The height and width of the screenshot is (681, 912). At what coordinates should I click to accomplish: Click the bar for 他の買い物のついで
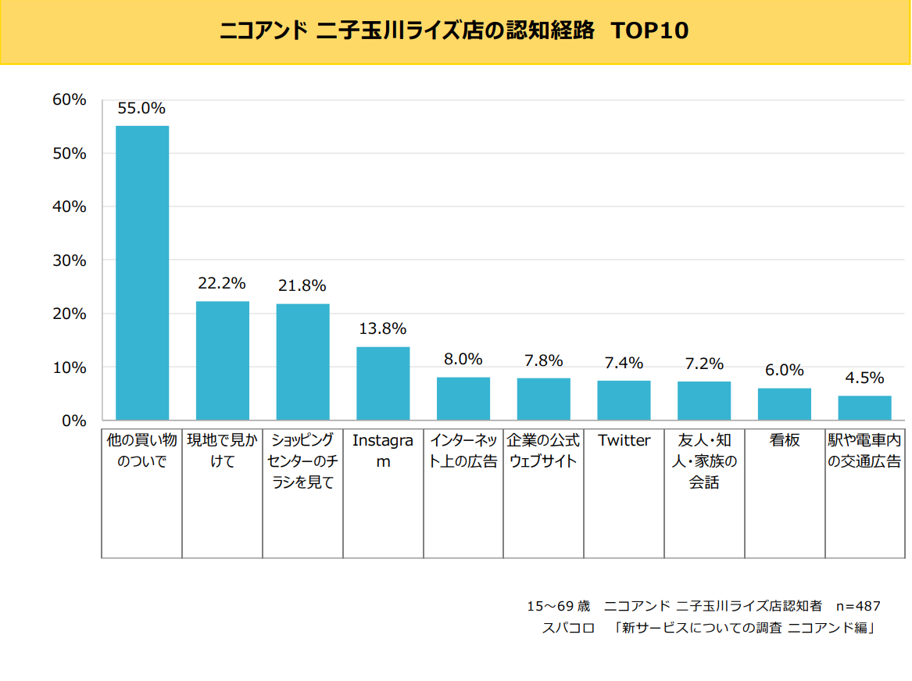[142, 273]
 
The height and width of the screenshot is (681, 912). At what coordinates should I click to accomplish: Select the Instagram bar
[383, 383]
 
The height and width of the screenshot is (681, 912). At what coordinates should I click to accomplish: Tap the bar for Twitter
[624, 400]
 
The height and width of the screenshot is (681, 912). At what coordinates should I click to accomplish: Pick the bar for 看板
[784, 404]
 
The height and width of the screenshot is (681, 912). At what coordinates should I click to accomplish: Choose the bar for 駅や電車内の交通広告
[864, 408]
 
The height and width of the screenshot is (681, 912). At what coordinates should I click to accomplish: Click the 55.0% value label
[141, 109]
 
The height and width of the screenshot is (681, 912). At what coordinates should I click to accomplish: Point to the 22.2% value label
[222, 283]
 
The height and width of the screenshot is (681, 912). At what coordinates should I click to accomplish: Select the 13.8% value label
[382, 329]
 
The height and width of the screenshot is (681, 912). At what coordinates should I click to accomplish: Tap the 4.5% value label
[864, 378]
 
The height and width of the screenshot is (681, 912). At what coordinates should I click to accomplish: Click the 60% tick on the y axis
[69, 99]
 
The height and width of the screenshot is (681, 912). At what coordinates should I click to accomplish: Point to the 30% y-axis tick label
[69, 260]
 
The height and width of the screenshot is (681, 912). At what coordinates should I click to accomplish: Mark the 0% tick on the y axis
[73, 421]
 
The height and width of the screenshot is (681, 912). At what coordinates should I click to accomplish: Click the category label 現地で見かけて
[222, 451]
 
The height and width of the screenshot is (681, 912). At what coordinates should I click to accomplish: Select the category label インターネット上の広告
[463, 451]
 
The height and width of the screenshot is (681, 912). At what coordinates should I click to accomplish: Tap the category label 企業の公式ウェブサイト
[543, 451]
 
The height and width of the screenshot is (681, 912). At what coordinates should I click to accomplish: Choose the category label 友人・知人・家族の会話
[704, 461]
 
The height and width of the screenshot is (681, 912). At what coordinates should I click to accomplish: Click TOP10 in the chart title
[649, 31]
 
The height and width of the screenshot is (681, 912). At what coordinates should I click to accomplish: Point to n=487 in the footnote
[858, 606]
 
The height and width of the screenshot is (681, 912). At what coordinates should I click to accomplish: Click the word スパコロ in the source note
[568, 628]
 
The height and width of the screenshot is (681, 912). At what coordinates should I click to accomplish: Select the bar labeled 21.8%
[302, 362]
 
